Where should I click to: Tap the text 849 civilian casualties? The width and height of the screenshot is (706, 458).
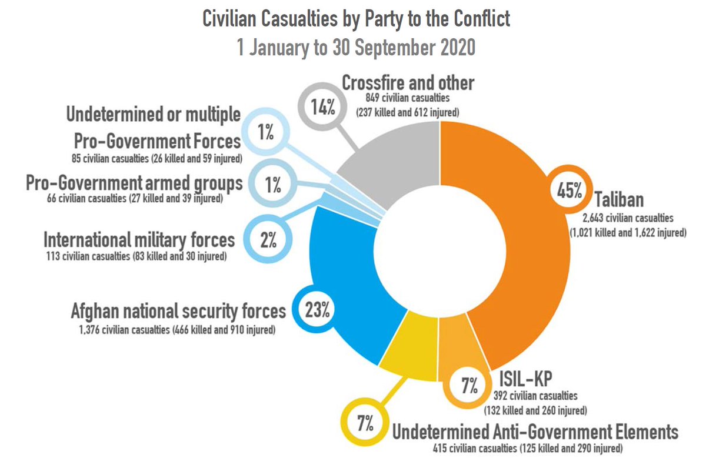[407, 99]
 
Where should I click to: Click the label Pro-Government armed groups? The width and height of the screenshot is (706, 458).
[134, 183]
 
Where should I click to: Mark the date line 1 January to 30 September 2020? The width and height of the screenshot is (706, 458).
[356, 47]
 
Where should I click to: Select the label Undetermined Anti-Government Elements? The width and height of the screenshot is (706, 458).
[535, 433]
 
